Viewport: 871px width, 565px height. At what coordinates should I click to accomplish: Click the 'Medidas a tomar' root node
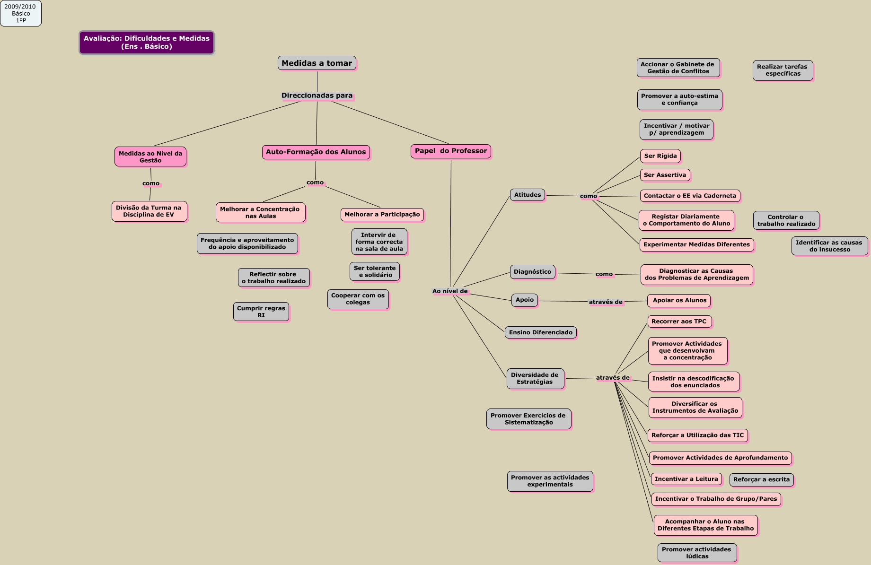(317, 63)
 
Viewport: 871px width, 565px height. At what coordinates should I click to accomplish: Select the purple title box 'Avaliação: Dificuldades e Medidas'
(147, 43)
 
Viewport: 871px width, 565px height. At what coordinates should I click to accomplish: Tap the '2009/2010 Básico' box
(20, 13)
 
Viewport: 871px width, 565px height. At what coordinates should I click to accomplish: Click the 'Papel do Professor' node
(450, 151)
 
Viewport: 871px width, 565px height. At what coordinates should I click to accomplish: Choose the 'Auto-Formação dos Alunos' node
(316, 152)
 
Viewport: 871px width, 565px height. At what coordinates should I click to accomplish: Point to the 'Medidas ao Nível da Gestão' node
(150, 157)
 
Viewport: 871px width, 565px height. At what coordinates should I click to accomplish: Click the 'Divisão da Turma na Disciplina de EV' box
(149, 211)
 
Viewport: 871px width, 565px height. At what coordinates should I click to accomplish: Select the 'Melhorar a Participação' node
(382, 215)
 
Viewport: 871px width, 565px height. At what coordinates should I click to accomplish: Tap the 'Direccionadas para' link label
(317, 96)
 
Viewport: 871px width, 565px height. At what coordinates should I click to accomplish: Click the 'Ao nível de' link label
(450, 291)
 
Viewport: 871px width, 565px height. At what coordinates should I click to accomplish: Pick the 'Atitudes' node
(527, 195)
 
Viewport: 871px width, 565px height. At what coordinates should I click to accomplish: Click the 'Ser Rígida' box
(660, 156)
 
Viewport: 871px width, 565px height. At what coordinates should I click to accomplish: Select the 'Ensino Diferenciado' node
(540, 332)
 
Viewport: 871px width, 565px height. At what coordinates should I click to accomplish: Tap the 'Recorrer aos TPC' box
(679, 322)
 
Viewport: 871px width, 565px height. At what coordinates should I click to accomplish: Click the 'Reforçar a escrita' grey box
(761, 479)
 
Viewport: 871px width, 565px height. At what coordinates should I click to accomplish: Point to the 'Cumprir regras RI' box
(261, 312)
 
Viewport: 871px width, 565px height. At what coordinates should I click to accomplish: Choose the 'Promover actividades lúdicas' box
(696, 553)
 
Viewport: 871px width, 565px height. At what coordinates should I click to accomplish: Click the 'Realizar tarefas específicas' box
(783, 70)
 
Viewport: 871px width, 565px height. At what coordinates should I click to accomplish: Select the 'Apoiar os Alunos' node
(679, 300)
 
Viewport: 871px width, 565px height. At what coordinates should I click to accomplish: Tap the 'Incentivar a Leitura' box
(686, 479)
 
